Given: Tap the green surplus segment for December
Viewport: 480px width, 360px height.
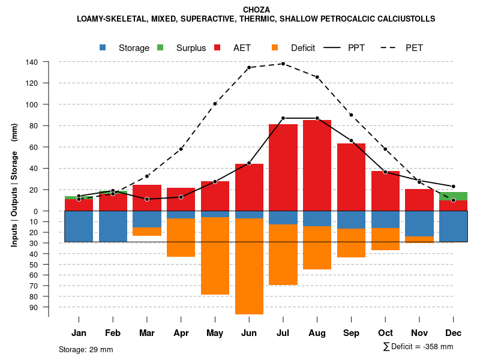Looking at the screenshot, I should click(x=453, y=196).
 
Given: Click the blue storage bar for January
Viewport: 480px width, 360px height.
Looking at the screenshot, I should click(x=79, y=226).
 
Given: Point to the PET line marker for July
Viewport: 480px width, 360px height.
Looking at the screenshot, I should click(x=283, y=64).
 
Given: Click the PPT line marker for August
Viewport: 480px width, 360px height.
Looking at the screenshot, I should click(x=317, y=118).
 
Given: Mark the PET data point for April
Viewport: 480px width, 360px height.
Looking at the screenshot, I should click(x=181, y=149).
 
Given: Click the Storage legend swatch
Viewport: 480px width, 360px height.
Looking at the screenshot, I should click(x=103, y=48).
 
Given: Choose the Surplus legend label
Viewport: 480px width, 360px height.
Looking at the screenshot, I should click(x=191, y=48).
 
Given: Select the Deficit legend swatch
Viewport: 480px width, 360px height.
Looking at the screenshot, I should click(x=275, y=48).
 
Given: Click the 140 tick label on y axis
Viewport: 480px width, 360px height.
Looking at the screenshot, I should click(x=32, y=62).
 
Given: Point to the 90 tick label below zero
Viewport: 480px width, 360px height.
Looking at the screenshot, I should click(x=34, y=307).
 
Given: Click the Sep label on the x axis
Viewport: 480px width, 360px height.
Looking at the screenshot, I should click(x=351, y=333).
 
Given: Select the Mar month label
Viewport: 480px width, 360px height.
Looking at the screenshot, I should click(x=146, y=333).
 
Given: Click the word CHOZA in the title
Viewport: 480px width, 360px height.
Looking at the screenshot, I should click(x=256, y=10).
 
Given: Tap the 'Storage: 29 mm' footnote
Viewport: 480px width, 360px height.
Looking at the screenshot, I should click(x=86, y=349).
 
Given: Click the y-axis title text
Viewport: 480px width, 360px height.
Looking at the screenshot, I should click(x=14, y=184).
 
